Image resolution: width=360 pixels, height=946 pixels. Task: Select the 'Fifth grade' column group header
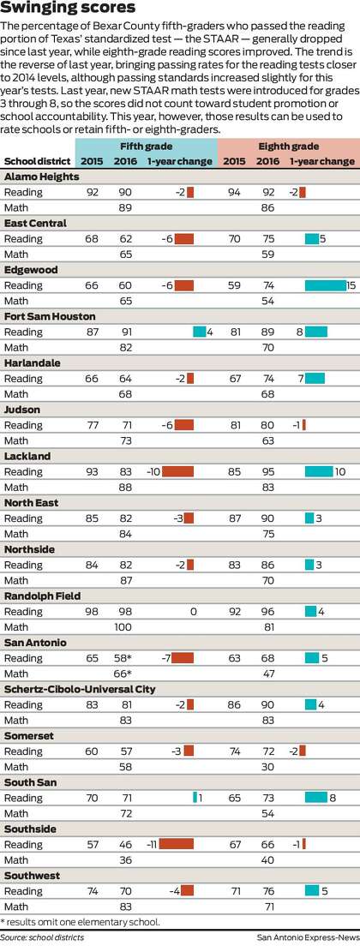[x=146, y=147]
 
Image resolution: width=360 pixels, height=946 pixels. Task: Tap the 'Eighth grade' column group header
[x=289, y=147]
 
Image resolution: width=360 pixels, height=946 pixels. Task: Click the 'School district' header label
[x=36, y=162]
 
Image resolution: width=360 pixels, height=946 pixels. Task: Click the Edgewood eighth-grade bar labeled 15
[x=325, y=285]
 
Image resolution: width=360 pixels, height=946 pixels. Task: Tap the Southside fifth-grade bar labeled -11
[x=177, y=844]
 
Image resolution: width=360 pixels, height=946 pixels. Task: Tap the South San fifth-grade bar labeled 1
[x=195, y=798]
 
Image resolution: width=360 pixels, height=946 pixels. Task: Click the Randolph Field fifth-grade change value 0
[x=193, y=612]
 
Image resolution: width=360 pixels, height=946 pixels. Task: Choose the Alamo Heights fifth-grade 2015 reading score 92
[x=93, y=193]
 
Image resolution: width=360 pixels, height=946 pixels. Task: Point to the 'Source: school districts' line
[x=42, y=937]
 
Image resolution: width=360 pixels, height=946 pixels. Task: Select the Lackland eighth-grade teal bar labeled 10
[x=319, y=472]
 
